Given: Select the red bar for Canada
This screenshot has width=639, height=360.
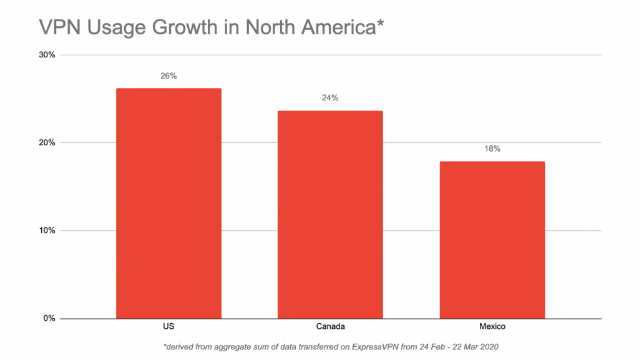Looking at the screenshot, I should coord(330,215).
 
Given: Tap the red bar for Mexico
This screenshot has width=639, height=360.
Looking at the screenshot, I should coord(492,240).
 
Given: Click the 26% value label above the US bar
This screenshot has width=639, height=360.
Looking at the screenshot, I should coord(168,76).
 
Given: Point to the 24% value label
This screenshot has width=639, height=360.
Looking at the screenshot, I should coord(330,98).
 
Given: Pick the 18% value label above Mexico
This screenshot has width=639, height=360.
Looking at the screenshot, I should coord(492,149).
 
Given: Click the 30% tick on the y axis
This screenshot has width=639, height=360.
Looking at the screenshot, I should coord(48,55).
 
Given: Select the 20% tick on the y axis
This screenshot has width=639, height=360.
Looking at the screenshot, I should coord(48,143).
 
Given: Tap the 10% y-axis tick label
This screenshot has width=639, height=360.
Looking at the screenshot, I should coord(48,231).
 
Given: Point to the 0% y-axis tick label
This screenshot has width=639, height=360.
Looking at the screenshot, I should coord(50,319).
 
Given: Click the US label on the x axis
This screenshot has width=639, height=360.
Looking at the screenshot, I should coord(168,327).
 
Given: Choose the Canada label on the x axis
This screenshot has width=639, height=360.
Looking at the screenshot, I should coord(330,327).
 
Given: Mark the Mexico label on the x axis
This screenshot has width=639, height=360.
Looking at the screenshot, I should coord(492,327).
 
